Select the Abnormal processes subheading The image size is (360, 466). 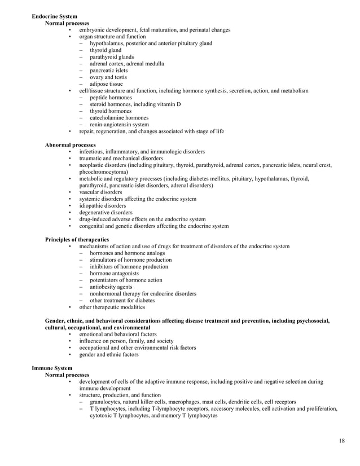coord(70,145)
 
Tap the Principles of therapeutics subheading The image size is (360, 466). coord(77,240)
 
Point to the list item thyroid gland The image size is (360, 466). coord(106,50)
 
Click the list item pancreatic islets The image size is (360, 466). coord(109,71)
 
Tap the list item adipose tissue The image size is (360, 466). coord(107,84)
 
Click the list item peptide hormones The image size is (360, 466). coord(111,98)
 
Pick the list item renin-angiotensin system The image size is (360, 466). coord(119,125)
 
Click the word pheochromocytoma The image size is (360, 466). coord(103,172)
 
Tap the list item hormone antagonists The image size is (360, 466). coord(115,274)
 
